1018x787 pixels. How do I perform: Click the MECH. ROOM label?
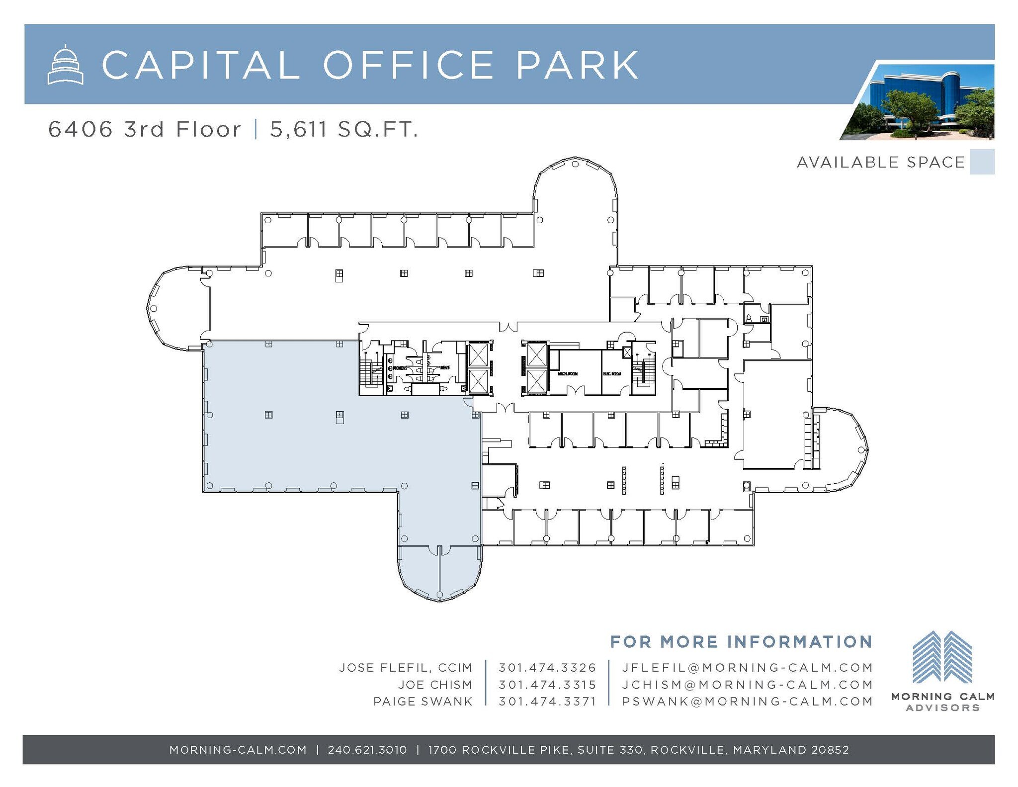(567, 373)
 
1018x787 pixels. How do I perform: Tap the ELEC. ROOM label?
(612, 373)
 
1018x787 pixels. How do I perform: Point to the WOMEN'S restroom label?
(400, 368)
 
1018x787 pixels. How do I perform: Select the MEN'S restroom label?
(444, 367)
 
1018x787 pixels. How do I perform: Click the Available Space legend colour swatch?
(982, 162)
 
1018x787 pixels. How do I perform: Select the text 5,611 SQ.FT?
(343, 130)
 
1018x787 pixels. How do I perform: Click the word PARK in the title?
(577, 65)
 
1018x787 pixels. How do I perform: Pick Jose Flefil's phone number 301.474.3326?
(547, 668)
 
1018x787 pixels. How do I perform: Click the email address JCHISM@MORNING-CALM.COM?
(747, 685)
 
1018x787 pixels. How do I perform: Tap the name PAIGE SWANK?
(423, 701)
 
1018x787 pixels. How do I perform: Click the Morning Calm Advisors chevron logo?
(942, 657)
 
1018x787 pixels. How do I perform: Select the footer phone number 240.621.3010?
(367, 750)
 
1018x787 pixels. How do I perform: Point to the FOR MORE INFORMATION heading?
(741, 642)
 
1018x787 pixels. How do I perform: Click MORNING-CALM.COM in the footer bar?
(238, 750)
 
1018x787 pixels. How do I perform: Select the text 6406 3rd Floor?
(144, 130)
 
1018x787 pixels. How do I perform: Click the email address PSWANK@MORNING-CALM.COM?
(747, 701)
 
